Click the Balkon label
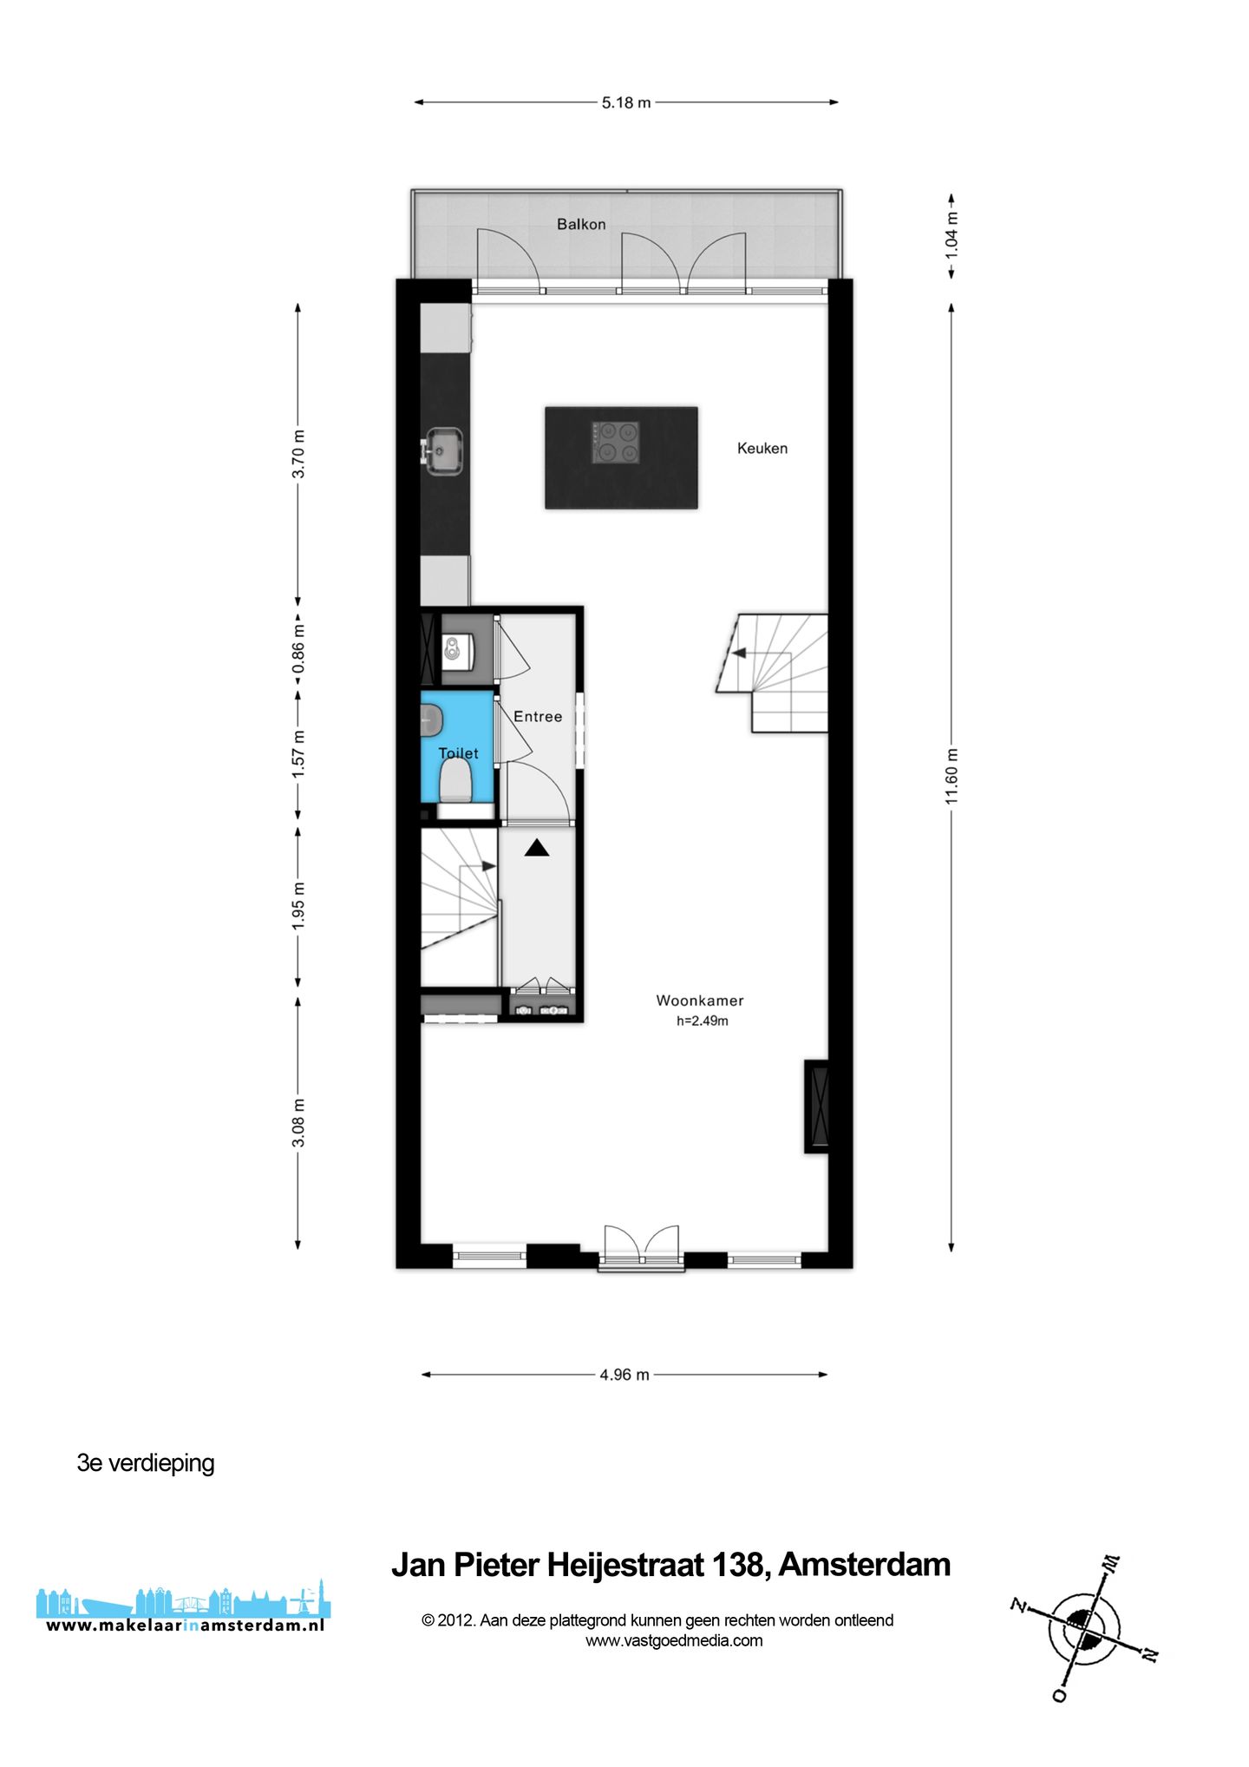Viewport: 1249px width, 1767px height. point(581,224)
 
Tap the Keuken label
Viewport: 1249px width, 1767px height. point(762,449)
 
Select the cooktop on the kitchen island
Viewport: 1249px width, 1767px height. point(616,442)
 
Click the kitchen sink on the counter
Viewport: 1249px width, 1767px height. point(446,451)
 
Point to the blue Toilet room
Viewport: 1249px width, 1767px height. point(458,729)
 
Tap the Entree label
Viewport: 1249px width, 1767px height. point(538,717)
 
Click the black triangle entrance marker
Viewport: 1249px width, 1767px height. point(537,848)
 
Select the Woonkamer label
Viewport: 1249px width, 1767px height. point(700,1001)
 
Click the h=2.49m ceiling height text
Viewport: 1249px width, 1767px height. point(703,1021)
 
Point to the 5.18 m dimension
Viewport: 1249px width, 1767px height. point(626,102)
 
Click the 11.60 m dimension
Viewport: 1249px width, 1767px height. point(951,775)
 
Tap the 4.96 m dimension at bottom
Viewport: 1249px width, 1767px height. point(624,1375)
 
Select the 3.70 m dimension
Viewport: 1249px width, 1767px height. point(298,454)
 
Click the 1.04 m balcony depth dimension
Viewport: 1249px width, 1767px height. point(951,234)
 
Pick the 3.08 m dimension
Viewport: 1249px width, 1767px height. point(298,1122)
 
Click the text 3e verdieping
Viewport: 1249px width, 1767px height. point(146,1463)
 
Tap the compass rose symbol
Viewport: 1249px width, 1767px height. point(1084,1629)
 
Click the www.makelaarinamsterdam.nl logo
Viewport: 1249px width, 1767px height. point(184,1613)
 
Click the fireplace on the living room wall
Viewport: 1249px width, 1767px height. point(817,1106)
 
